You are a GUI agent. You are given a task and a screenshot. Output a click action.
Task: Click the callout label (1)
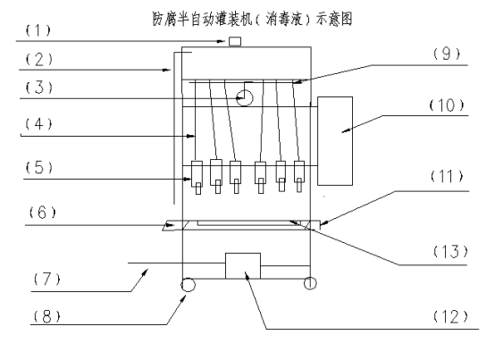pos(38,30)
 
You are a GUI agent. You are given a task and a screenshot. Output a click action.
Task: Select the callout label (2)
pos(38,60)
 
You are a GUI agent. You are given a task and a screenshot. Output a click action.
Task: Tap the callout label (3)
pos(38,88)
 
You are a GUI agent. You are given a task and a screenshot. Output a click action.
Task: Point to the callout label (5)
pos(38,167)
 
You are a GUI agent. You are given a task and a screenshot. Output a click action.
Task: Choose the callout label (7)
pos(46,280)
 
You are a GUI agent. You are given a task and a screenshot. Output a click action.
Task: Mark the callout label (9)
pos(447,54)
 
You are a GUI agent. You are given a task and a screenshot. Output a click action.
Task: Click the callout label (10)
pos(447,105)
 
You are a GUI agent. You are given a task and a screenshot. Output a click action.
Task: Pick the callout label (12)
pos(450,316)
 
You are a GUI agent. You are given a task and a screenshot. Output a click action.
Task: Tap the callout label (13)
pos(450,251)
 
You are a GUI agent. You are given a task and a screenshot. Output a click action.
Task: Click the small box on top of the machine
pos(235,42)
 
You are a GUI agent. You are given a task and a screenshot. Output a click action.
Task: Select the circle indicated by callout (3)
pos(245,98)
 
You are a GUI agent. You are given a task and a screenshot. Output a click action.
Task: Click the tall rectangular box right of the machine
pos(335,141)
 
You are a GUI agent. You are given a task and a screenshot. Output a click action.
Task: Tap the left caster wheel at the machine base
pos(188,285)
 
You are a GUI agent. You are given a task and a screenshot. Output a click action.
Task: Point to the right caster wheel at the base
pos(310,283)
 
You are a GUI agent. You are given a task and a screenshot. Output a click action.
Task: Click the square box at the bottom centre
pos(243,265)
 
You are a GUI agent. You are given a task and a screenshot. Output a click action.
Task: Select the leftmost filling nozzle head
pos(197,177)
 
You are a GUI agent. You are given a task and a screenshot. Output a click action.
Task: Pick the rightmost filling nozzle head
pos(299,177)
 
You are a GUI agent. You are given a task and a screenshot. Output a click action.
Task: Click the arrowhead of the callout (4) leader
pos(190,136)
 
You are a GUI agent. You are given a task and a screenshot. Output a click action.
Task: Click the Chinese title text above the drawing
pos(253,19)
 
